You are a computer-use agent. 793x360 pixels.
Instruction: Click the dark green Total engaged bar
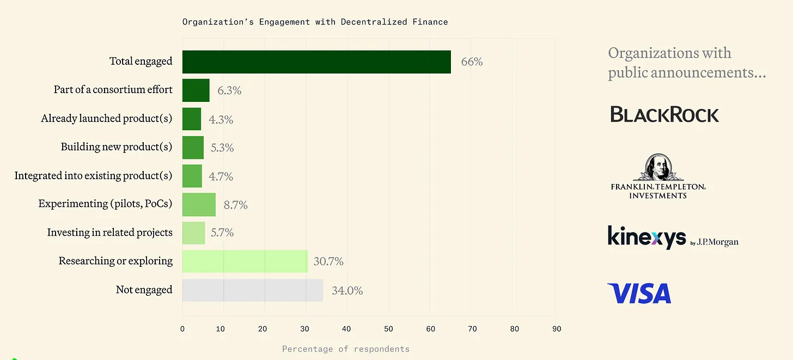tap(316, 62)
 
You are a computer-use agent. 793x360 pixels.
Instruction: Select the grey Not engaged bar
tap(253, 290)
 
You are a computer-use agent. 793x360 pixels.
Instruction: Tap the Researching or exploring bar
tap(245, 261)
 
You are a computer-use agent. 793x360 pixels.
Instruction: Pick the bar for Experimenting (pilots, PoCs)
tap(199, 204)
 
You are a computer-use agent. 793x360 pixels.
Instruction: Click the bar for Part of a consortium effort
tap(196, 90)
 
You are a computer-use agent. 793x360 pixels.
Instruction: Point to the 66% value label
tap(472, 62)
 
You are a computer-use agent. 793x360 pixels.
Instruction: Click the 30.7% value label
tap(328, 261)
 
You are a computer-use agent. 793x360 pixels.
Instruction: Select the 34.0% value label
tap(347, 290)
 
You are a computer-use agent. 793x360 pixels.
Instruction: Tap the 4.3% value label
tap(221, 119)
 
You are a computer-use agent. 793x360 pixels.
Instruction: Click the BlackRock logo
tap(664, 114)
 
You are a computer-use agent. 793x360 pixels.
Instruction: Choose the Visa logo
tap(639, 294)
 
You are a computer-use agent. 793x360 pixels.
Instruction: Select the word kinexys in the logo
tap(646, 237)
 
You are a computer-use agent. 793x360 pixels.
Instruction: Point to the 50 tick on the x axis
tap(388, 329)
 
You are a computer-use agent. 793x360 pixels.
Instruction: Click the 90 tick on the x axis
tap(556, 329)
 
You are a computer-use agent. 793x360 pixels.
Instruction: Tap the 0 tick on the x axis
tap(182, 329)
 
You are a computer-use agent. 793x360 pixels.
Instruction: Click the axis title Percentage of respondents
tap(346, 349)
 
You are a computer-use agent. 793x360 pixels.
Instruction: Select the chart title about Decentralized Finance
tap(315, 22)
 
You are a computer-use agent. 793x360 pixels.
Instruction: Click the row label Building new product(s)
tap(117, 147)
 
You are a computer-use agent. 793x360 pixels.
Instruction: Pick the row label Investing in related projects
tap(110, 233)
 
